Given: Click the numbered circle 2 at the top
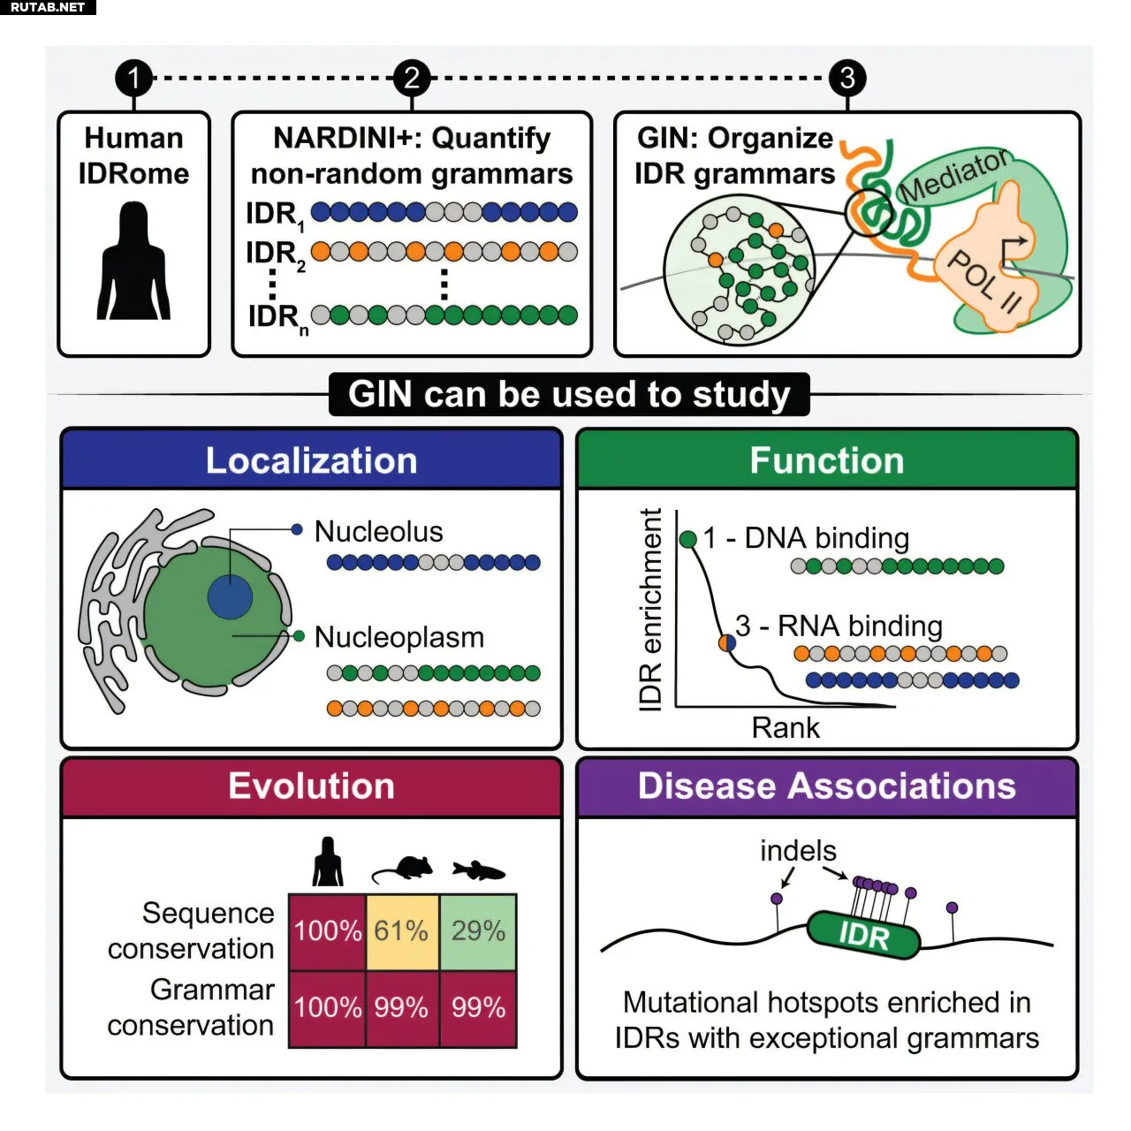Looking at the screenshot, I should (411, 78).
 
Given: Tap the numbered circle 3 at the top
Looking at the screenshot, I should (847, 78).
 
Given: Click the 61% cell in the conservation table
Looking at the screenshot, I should (401, 931).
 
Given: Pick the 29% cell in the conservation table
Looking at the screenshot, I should (478, 931).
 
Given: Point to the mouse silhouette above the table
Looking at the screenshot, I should (403, 869).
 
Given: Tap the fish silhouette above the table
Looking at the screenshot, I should (478, 870).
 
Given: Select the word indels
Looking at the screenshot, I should (798, 851).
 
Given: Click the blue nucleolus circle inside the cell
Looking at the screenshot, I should (231, 597).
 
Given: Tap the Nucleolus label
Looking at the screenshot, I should (378, 532).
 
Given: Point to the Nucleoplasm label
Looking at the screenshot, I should (399, 637).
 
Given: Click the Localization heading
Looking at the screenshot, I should (311, 461).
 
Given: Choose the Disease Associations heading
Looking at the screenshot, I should (827, 786).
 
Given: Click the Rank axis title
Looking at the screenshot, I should (786, 728).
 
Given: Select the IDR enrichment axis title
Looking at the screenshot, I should (650, 610).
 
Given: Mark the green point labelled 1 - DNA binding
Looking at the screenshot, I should (688, 539).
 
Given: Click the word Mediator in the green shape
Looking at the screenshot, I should (954, 175).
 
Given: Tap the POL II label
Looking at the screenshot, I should (983, 281).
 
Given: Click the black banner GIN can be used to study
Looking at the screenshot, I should (569, 394).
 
